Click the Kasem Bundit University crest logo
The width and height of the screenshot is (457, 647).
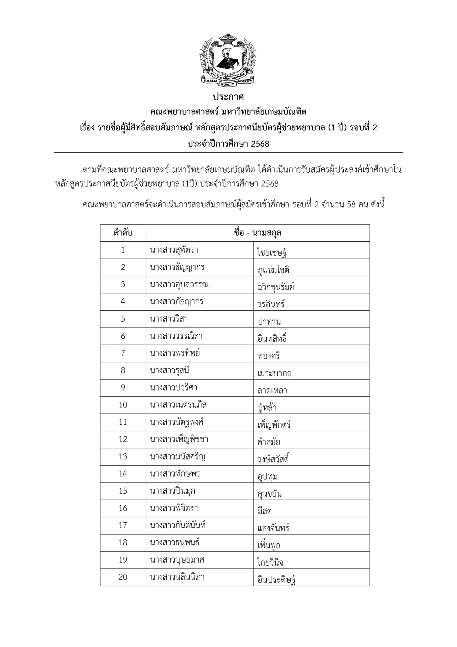(x=228, y=60)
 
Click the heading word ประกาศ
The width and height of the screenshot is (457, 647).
(x=228, y=97)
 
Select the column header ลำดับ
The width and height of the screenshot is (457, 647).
(x=123, y=233)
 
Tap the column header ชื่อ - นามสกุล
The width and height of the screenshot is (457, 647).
(x=257, y=233)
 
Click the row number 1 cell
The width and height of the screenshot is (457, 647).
(x=123, y=250)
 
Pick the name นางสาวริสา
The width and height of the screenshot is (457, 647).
(x=169, y=319)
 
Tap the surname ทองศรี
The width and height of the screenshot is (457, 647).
(x=268, y=356)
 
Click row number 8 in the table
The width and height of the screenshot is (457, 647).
(x=123, y=370)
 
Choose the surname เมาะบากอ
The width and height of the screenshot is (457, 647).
(x=274, y=373)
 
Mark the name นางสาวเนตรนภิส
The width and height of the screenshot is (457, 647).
(x=178, y=405)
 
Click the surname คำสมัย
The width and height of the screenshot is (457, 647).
(x=269, y=442)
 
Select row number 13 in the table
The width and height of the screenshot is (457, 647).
(x=123, y=456)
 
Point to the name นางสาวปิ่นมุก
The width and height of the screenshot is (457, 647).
(x=172, y=491)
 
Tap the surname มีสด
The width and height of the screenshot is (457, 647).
(x=264, y=511)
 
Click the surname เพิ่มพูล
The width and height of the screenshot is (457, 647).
(x=269, y=545)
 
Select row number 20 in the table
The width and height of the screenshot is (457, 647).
(x=123, y=577)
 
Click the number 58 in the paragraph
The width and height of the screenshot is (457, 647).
(x=351, y=204)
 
